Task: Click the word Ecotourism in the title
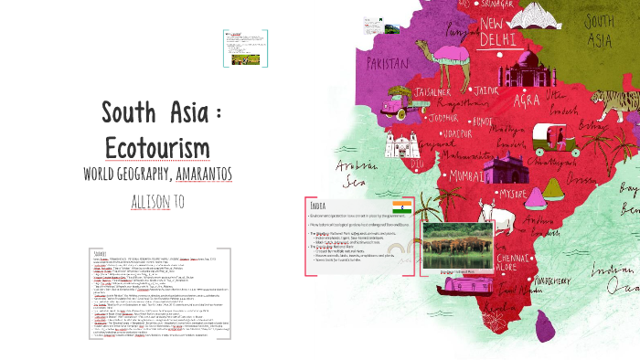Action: [158, 147]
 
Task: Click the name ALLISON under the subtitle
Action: [149, 201]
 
